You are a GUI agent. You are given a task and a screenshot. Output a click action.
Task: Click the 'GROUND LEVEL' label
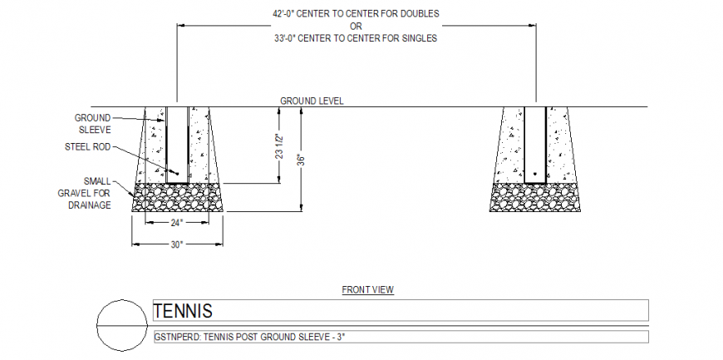312,101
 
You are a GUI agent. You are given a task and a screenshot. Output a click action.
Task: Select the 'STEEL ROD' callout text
87,147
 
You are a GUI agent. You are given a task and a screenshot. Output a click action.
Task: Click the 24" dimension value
176,223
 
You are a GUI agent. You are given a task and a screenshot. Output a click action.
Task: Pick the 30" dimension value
176,244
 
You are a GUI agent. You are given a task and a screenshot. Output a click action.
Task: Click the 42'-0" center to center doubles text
356,14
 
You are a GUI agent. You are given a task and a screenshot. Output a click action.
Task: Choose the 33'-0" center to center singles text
356,38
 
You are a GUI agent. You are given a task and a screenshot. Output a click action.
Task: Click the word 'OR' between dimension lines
356,26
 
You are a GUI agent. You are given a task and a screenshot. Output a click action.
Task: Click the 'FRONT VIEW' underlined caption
367,290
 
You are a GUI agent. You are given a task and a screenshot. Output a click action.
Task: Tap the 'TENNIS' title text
183,311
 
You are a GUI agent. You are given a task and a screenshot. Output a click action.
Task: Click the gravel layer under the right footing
534,198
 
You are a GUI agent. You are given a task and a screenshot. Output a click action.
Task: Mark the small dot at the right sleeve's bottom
535,175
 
